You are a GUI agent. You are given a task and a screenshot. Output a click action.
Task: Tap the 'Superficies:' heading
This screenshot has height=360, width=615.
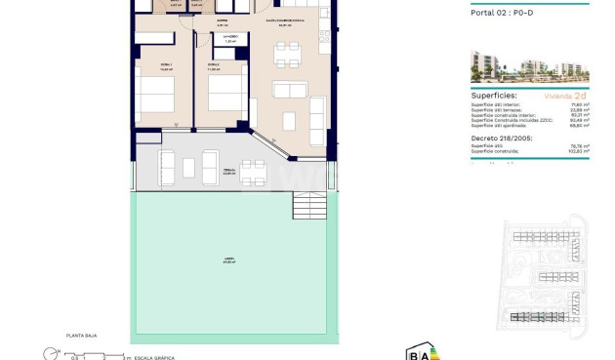pyautogui.click(x=496, y=96)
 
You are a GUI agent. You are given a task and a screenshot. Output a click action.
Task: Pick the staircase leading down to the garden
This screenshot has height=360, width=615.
pyautogui.click(x=309, y=205)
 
